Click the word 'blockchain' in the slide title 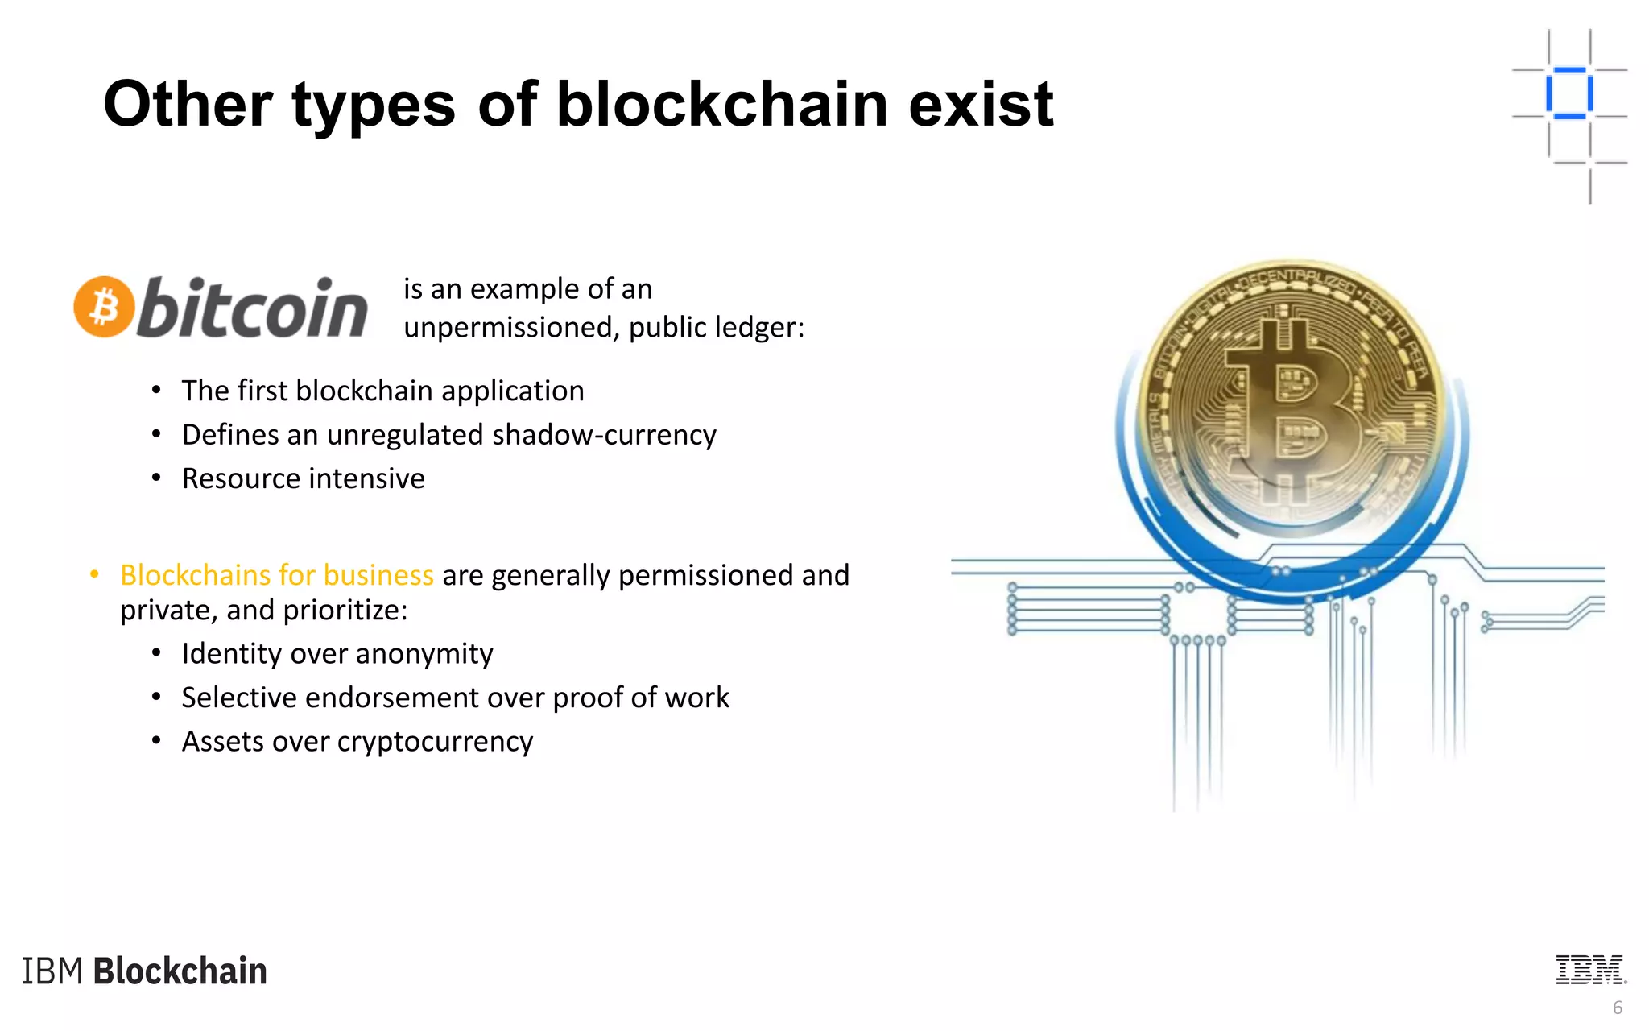723,105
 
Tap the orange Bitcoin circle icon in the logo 103,307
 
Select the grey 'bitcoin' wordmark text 253,308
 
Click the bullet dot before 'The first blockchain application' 157,391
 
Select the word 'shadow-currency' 604,435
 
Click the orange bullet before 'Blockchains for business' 95,574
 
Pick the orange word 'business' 378,575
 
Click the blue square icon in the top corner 1568,93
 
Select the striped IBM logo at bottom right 1590,970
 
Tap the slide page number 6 1618,1008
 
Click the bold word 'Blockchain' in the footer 180,971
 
